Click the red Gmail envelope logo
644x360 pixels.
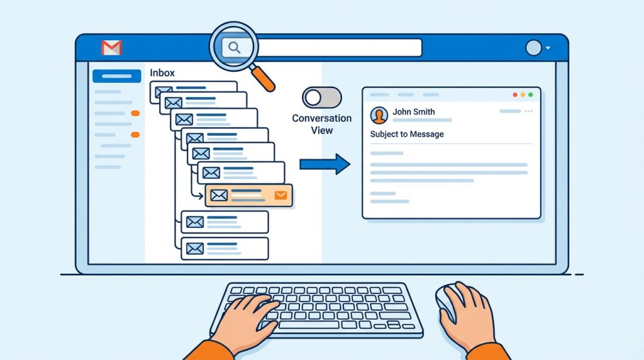pos(112,48)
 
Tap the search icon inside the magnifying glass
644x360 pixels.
pos(234,48)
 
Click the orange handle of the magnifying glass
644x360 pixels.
pos(264,79)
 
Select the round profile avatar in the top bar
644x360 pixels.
pos(533,48)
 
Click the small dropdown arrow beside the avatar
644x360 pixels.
pos(548,48)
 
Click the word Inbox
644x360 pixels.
pos(162,73)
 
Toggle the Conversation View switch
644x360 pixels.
pos(322,98)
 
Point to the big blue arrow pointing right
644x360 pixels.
pos(325,164)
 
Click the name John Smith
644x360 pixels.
pos(414,111)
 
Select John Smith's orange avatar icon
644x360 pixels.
pos(379,115)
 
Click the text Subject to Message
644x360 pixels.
pos(407,134)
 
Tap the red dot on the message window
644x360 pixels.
pos(515,95)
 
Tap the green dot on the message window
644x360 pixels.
pos(531,95)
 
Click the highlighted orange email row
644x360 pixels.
pos(249,195)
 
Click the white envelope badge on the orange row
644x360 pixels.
pos(281,195)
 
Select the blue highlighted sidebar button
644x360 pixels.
pos(116,76)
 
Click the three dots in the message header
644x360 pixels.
pos(528,111)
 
